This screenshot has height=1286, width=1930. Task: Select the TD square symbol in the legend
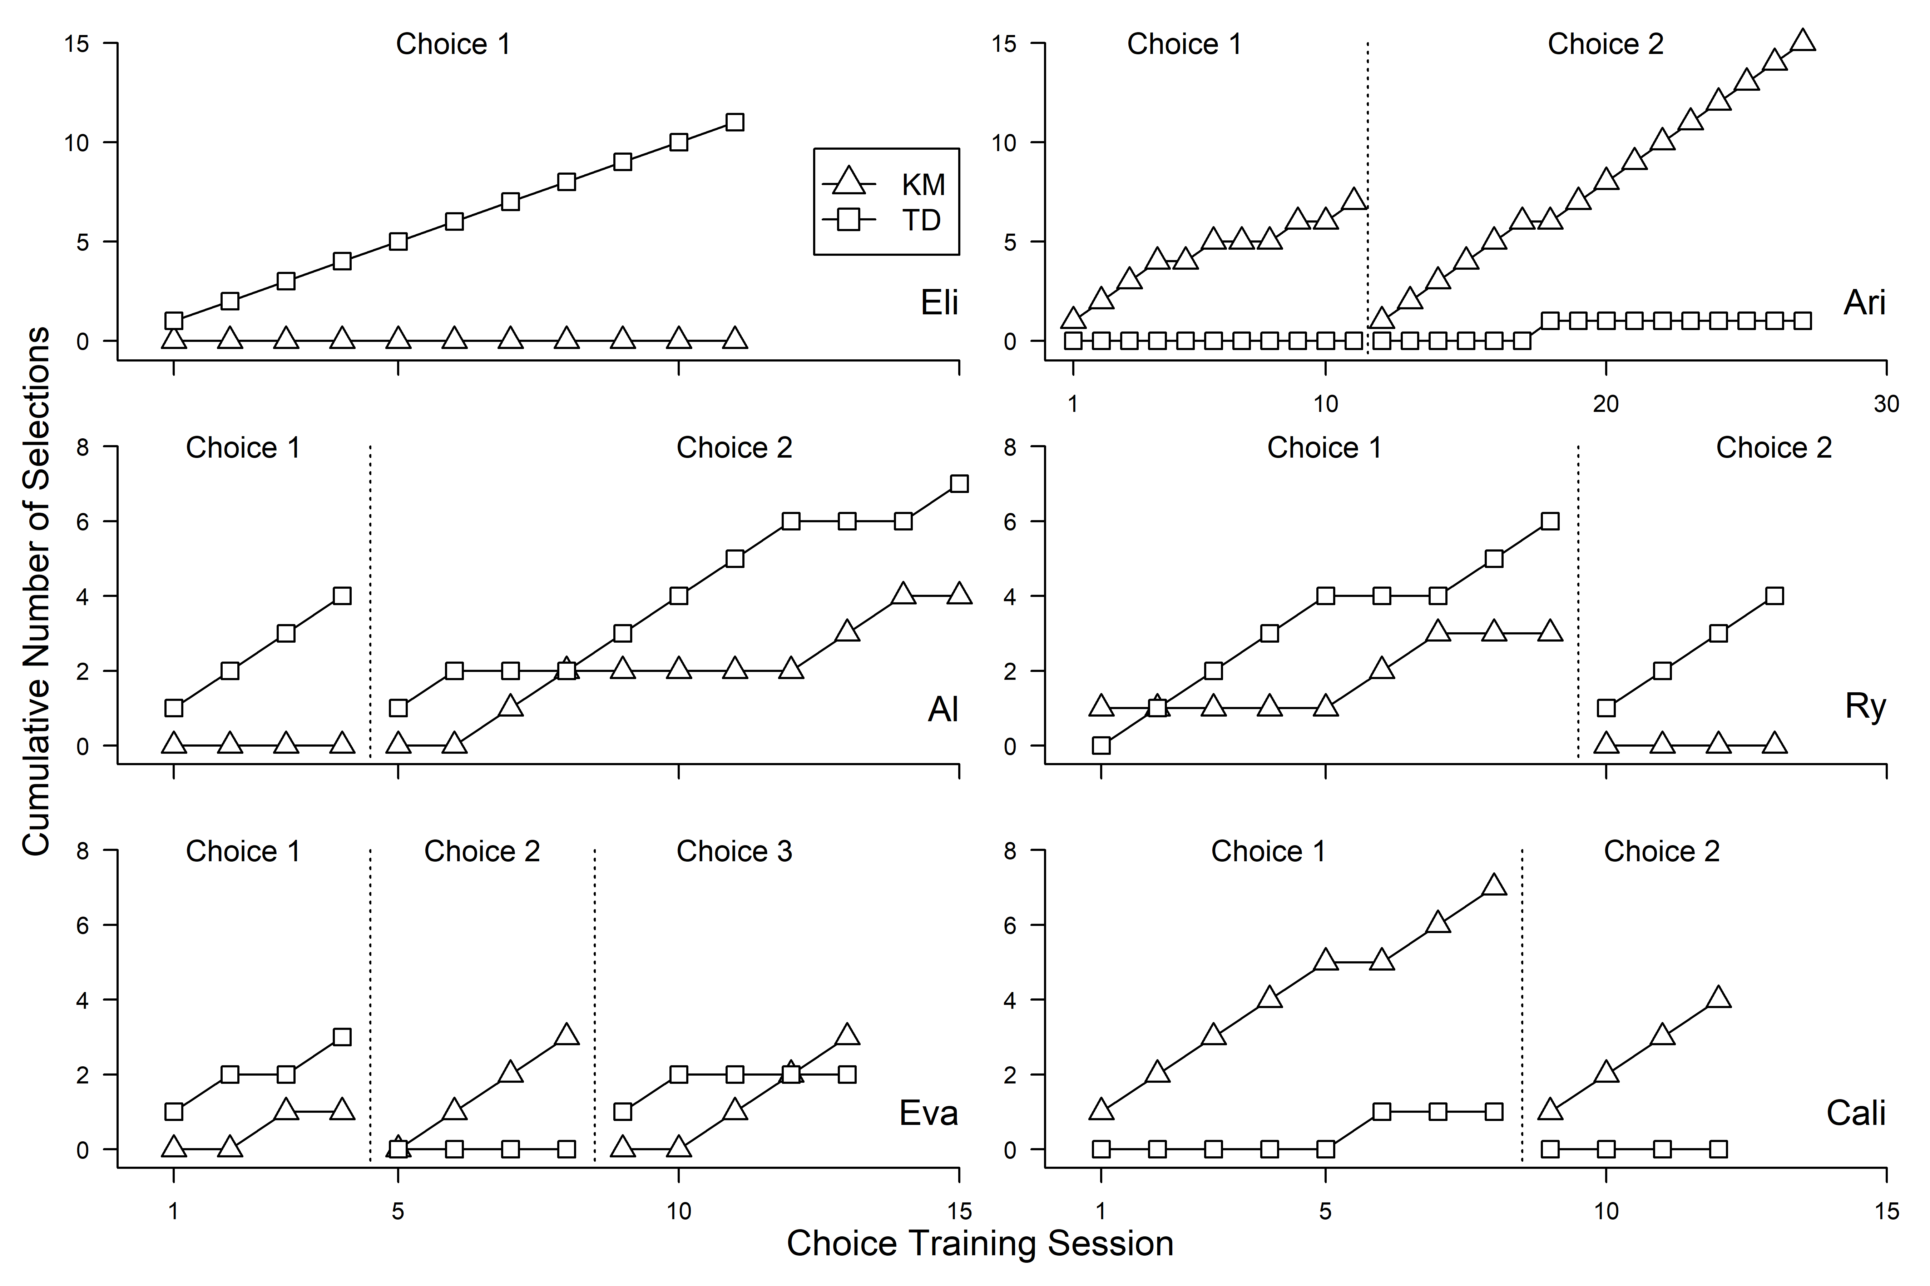click(x=848, y=220)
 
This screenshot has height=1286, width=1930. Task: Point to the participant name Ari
click(x=1864, y=303)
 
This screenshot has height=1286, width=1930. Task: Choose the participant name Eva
click(x=928, y=1113)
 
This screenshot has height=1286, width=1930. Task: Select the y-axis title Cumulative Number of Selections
click(x=36, y=590)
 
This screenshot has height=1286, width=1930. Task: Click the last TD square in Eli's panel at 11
click(x=735, y=122)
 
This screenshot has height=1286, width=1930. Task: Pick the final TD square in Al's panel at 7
click(x=959, y=484)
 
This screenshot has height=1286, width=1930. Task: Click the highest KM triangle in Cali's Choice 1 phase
click(x=1494, y=886)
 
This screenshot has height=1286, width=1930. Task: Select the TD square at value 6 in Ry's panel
click(x=1550, y=522)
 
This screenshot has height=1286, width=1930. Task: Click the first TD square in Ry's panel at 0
click(x=1101, y=746)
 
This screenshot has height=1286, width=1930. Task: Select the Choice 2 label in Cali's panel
click(x=1662, y=851)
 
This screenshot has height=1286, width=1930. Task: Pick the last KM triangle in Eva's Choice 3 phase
click(x=847, y=1035)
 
